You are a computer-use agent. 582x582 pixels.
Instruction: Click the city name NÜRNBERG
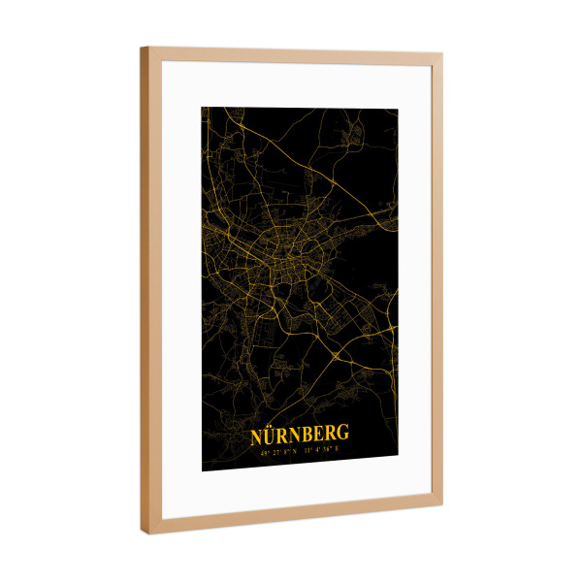[300, 435]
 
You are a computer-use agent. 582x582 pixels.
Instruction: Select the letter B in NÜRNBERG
[313, 435]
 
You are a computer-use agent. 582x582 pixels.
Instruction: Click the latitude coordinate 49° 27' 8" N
[277, 451]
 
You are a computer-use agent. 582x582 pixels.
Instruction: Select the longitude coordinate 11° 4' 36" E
[321, 450]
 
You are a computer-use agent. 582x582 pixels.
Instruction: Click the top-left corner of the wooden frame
[142, 48]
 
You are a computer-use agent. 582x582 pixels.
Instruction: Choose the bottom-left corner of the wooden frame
[145, 533]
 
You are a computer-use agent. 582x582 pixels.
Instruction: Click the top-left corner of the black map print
[202, 107]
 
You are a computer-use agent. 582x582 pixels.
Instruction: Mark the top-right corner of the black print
[398, 107]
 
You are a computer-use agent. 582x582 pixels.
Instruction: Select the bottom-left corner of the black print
[202, 471]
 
